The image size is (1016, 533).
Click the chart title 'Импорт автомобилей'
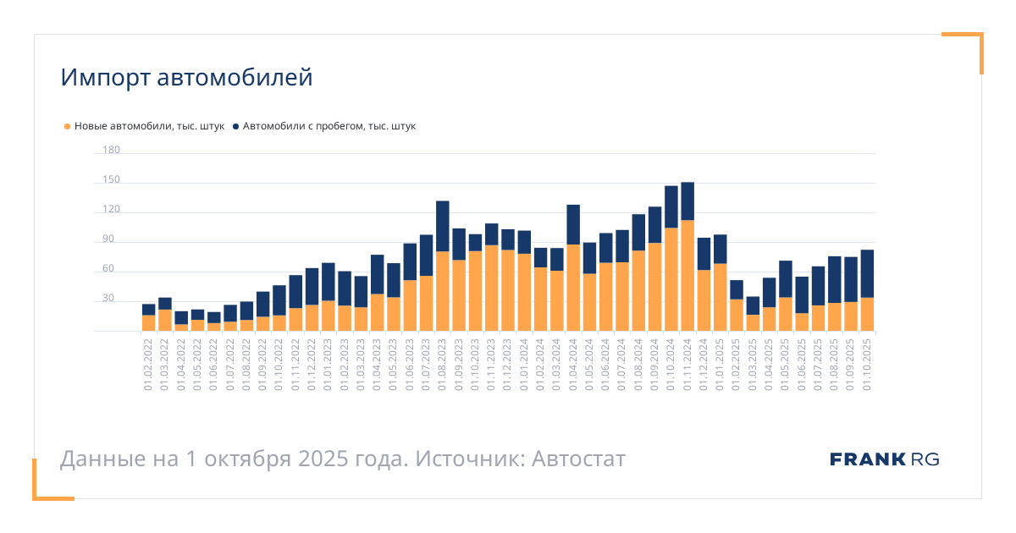186,78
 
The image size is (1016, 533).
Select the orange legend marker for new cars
67,127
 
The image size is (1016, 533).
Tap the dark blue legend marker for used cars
235,127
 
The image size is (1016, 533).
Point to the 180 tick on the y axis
111,151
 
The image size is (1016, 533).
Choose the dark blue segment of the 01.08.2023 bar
443,226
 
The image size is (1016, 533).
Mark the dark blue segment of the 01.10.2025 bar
867,273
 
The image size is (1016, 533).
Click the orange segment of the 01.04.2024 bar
573,288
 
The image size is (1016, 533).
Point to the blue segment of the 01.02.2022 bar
149,310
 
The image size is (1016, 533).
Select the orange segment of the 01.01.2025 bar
720,297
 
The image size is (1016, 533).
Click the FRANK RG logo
884,459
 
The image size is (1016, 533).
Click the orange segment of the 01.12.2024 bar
704,300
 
